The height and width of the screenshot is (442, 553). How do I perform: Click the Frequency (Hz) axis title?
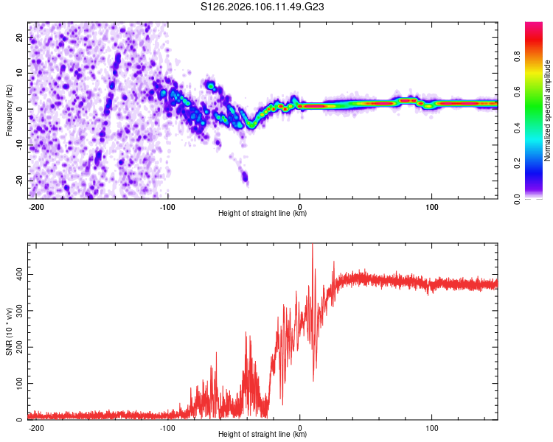click(x=9, y=109)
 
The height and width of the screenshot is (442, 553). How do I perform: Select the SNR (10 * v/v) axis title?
click(x=9, y=331)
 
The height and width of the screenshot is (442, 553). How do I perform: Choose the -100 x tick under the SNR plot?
click(x=168, y=427)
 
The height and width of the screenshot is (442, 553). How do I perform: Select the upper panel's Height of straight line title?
click(x=262, y=214)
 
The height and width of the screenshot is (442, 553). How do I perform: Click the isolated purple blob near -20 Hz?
click(x=245, y=177)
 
